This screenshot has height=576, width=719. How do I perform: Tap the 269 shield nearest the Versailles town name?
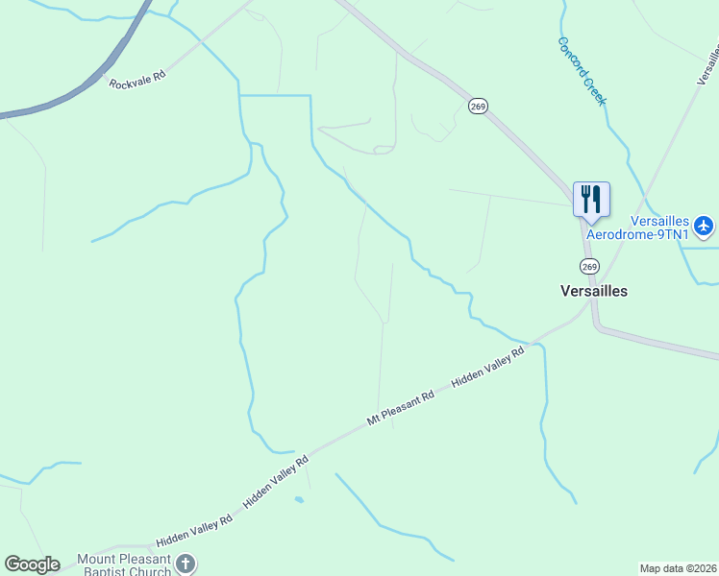[589, 265]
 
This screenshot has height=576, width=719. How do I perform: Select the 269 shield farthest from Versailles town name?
[478, 107]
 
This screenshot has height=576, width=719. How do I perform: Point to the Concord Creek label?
[583, 71]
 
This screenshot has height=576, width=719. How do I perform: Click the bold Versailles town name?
[594, 290]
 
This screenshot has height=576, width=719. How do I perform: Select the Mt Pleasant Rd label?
[401, 408]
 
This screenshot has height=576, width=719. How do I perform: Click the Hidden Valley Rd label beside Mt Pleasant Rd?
[488, 367]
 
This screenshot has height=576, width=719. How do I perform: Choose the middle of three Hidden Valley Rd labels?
[276, 482]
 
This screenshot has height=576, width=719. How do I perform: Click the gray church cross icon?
[186, 564]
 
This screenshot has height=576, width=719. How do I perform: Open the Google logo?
[32, 564]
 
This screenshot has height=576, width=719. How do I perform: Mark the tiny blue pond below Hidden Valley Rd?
[299, 499]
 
